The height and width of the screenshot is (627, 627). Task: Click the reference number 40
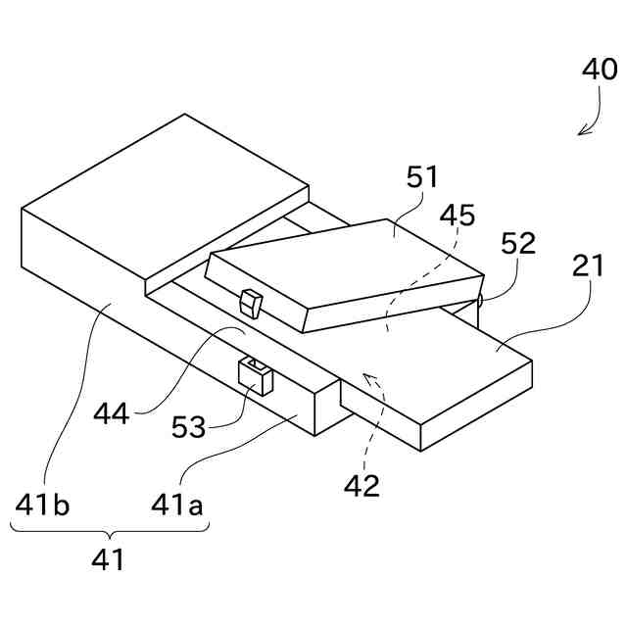[600, 71]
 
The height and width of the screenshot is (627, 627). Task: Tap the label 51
[422, 177]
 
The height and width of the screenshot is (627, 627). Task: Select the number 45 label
[458, 215]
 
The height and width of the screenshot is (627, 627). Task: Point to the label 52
[518, 243]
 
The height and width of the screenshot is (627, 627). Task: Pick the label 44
[113, 413]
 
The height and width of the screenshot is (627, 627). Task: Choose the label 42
[362, 486]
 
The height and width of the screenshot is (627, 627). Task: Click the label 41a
[177, 506]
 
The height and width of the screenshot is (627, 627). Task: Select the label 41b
[42, 506]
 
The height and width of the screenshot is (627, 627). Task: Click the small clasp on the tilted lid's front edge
[253, 305]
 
